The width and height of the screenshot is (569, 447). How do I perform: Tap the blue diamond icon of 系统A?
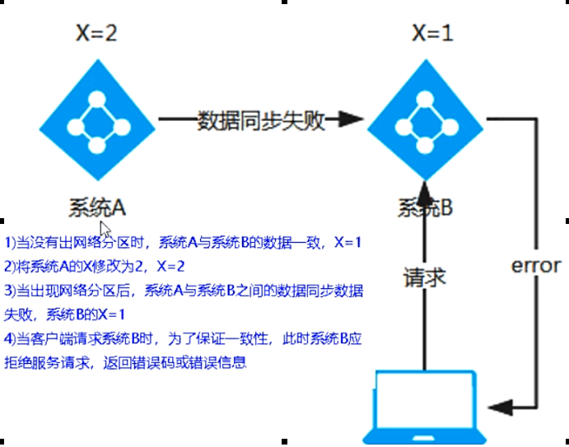click(x=98, y=120)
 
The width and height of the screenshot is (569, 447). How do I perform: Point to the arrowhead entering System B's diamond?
click(x=352, y=121)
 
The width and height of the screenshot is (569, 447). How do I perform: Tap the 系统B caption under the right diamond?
click(x=423, y=207)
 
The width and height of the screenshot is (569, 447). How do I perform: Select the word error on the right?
click(x=536, y=266)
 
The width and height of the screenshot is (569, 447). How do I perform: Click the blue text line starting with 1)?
click(x=183, y=243)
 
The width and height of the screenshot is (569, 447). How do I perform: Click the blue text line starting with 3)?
click(x=185, y=291)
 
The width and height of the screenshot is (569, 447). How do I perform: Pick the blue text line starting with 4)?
click(x=185, y=339)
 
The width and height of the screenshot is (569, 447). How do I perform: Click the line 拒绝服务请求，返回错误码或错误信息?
click(x=125, y=363)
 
